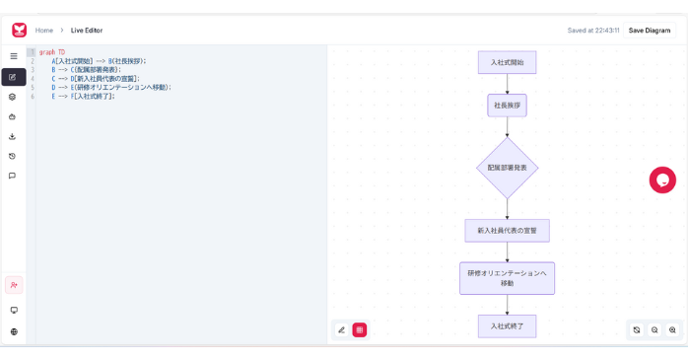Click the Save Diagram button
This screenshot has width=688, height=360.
tap(649, 31)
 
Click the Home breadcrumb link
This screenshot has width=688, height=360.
tap(44, 31)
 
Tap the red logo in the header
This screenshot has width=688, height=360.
tap(19, 31)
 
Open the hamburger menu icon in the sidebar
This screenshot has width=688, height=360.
tap(13, 56)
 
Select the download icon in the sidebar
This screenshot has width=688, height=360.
tap(13, 136)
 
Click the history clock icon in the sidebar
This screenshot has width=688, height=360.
tap(13, 156)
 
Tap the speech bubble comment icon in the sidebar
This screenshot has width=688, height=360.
tap(13, 176)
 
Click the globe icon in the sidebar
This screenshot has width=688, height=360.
tap(14, 331)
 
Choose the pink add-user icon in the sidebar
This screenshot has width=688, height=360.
tap(14, 285)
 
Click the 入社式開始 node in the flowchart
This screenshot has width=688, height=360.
tap(507, 62)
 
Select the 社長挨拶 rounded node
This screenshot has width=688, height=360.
tap(507, 105)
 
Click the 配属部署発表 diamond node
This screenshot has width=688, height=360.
tap(507, 168)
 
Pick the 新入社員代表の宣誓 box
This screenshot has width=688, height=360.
tap(507, 231)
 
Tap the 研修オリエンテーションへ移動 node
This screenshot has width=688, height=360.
tap(507, 278)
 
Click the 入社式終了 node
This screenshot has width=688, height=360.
tap(507, 325)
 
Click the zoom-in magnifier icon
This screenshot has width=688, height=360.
tap(672, 330)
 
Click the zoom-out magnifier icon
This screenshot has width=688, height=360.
tap(654, 330)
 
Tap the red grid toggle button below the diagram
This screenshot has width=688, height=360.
tap(360, 330)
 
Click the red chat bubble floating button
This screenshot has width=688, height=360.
tap(662, 180)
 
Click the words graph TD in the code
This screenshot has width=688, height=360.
tap(52, 52)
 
